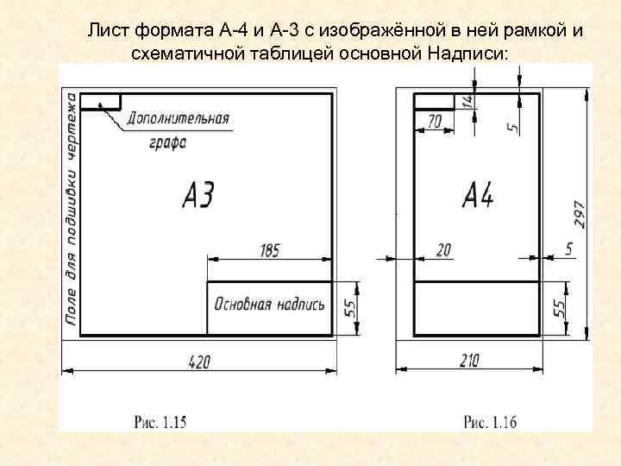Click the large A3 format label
click(198, 196)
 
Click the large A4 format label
click(478, 196)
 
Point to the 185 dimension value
click(269, 250)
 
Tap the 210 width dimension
click(469, 362)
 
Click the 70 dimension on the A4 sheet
click(435, 123)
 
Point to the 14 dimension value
click(467, 101)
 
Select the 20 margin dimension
click(443, 250)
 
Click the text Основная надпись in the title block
click(269, 305)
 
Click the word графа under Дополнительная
click(161, 142)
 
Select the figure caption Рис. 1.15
click(160, 422)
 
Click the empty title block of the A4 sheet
click(477, 307)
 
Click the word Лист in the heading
click(105, 32)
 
